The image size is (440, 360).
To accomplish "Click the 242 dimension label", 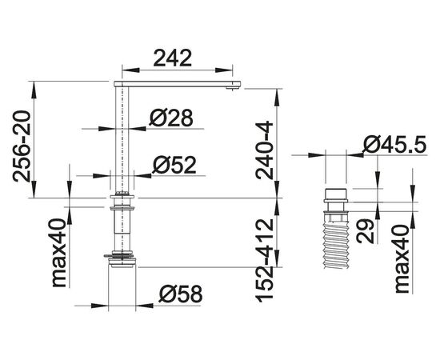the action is click(x=173, y=58).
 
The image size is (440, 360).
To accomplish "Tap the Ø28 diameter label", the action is click(x=171, y=118).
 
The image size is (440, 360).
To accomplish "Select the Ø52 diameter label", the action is click(x=174, y=165).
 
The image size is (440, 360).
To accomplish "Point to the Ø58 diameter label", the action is click(x=180, y=294).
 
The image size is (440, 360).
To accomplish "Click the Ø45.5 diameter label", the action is click(x=394, y=144).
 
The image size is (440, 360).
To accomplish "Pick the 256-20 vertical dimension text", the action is click(x=21, y=146).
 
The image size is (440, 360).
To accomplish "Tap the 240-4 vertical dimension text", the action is click(x=264, y=150).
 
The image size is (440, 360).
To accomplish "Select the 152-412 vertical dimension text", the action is click(x=264, y=260).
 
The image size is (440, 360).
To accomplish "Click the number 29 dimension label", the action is click(x=365, y=230).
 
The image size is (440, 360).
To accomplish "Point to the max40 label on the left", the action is click(x=59, y=253).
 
